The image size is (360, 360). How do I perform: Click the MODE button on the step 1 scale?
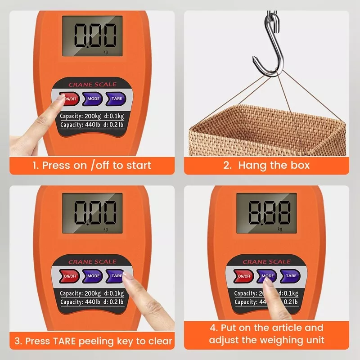coord(94,98)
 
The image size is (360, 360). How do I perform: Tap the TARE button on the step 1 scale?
coord(116,98)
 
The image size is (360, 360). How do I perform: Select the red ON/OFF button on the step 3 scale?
coord(70,276)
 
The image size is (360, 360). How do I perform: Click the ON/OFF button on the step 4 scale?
coord(244,276)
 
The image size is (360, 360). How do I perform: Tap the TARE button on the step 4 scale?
coord(291,276)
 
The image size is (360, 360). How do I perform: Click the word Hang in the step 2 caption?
coord(252,165)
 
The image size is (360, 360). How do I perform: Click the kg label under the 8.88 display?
coord(280,229)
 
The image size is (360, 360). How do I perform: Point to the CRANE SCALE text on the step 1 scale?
coord(92,85)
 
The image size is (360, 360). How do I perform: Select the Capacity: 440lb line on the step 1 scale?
coord(92,125)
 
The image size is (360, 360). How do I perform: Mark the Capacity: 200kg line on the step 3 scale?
coord(92,293)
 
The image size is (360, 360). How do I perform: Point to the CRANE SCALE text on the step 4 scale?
coord(267,262)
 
